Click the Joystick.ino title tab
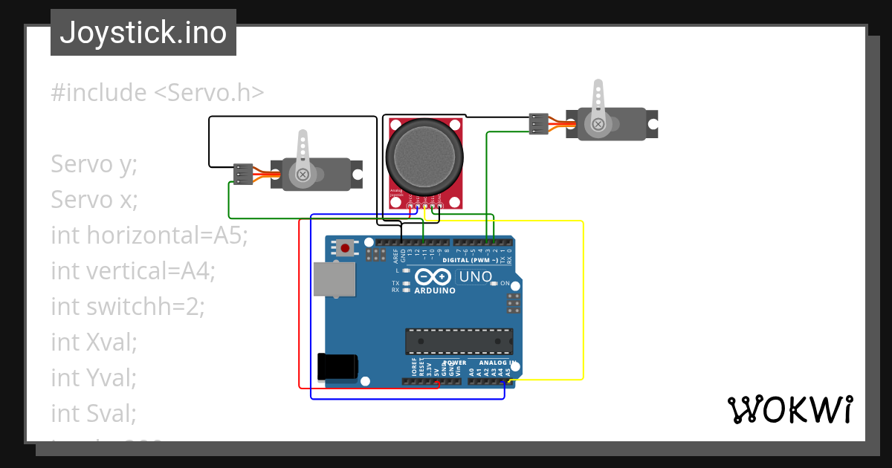[143, 33]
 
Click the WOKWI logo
[789, 409]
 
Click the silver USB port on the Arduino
[333, 279]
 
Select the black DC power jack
[337, 367]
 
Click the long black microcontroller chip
[459, 341]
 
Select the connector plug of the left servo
[242, 174]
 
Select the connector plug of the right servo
[538, 123]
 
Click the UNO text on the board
[475, 277]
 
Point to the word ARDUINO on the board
[435, 290]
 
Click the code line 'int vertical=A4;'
[132, 270]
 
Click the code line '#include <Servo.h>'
[158, 93]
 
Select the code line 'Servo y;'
[94, 164]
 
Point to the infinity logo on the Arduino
[433, 277]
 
